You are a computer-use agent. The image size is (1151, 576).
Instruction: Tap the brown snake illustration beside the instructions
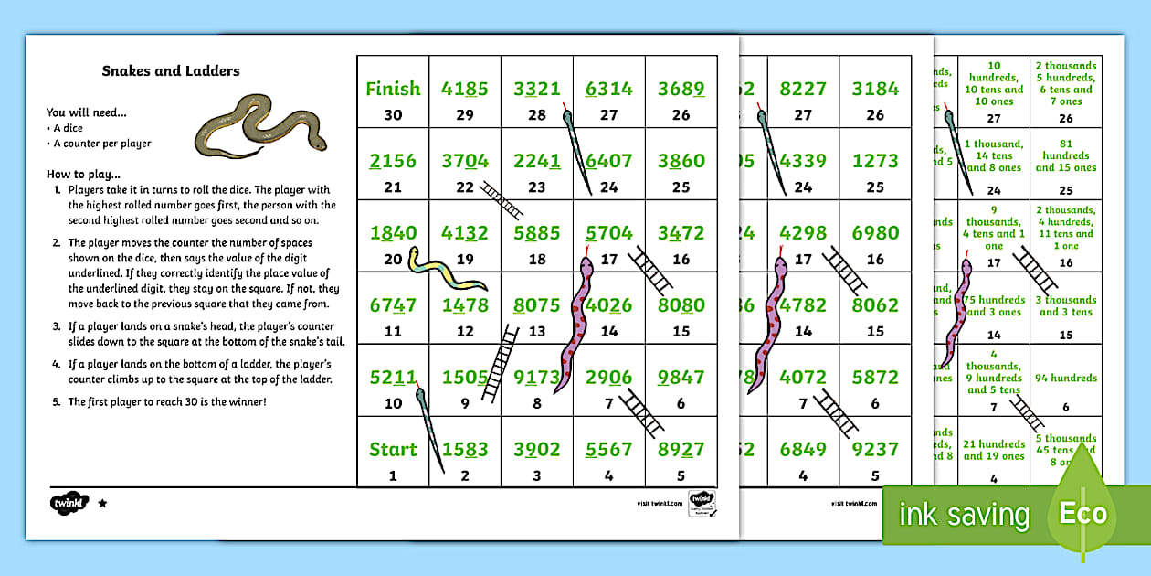click(260, 124)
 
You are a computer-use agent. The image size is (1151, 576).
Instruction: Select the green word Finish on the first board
click(393, 89)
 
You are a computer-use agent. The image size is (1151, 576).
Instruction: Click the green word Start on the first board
click(393, 449)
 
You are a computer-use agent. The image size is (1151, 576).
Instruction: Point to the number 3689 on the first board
click(681, 89)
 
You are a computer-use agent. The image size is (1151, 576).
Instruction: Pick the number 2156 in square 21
click(393, 161)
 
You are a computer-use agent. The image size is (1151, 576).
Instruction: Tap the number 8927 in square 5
click(681, 449)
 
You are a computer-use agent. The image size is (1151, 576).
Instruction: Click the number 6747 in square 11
click(393, 304)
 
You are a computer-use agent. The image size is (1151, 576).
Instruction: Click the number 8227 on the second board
click(803, 89)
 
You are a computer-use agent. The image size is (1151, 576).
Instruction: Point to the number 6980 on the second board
click(875, 232)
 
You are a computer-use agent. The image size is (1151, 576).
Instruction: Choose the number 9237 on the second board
click(875, 449)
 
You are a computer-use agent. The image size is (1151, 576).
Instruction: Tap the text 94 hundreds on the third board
click(1065, 378)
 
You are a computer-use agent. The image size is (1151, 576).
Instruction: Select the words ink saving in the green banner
click(964, 515)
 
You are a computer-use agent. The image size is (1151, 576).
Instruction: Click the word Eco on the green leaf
click(1082, 513)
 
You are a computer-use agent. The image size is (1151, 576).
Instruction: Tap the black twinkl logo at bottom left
click(69, 502)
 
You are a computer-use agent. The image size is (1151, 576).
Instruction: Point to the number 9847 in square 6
click(681, 377)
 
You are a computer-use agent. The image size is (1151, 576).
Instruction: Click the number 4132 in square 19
click(465, 232)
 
